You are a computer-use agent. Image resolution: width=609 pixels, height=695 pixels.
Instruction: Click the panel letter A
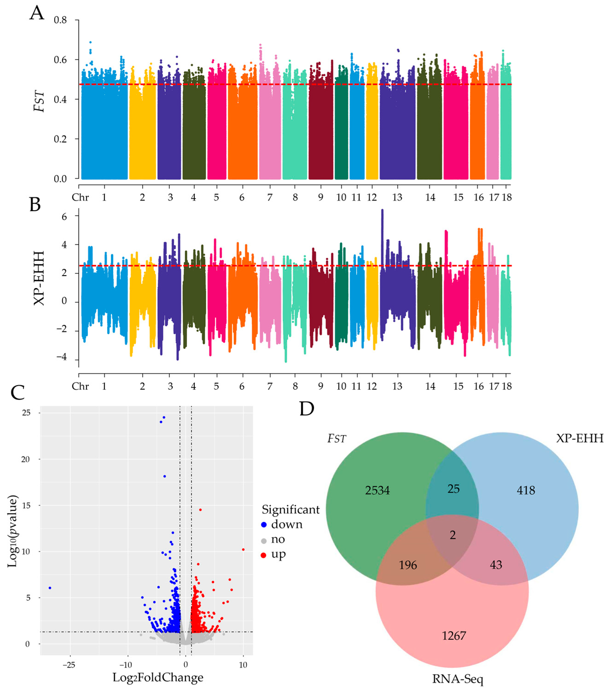point(37,14)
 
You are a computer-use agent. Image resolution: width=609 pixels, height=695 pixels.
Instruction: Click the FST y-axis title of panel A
point(39,101)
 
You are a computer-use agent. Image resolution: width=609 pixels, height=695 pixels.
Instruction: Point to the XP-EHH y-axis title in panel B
point(39,278)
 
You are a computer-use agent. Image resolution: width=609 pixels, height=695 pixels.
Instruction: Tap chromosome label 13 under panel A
point(397,198)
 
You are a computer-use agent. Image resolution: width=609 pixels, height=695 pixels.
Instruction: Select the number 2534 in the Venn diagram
point(377,490)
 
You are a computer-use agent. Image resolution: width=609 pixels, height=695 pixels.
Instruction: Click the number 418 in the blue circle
point(526,490)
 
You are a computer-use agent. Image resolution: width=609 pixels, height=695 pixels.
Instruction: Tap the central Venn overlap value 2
point(453,535)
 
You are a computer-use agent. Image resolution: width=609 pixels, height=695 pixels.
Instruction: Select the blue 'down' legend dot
point(264,524)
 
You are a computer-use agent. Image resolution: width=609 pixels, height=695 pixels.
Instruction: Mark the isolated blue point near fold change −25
point(50,587)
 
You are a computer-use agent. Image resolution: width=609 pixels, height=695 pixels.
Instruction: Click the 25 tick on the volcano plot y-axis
point(26,413)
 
